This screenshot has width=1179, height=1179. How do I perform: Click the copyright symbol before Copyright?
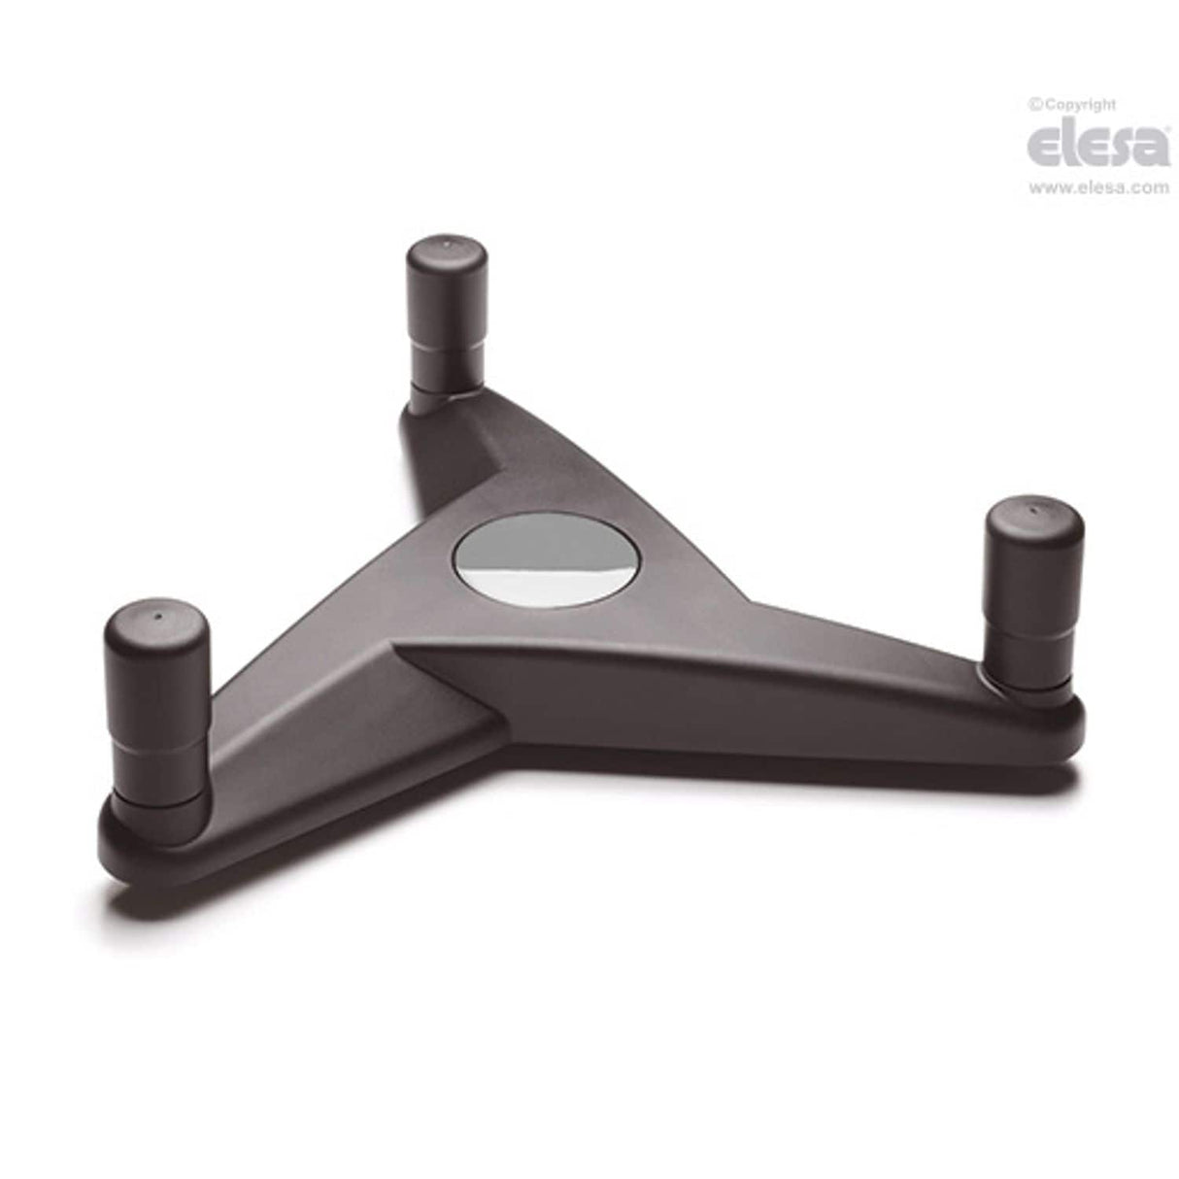coord(1034,104)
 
